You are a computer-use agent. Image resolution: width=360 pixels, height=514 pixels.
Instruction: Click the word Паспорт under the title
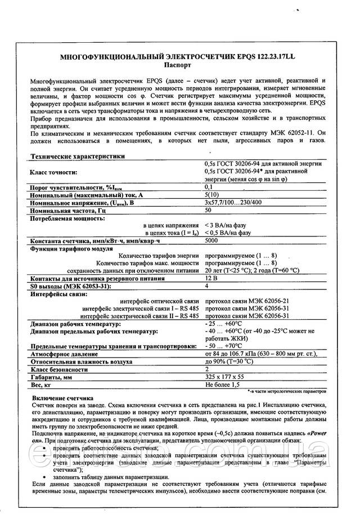pos(181,65)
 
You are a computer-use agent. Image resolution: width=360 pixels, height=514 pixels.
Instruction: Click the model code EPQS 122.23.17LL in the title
pos(264,57)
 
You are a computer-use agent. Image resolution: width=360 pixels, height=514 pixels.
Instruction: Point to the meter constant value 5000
pos(211,240)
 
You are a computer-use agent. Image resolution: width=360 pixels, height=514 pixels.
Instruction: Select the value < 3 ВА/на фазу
pos(230,225)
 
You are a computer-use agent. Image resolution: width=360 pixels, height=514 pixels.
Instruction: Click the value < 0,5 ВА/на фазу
pos(232,233)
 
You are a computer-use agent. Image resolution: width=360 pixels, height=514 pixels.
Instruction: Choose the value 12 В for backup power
pos(210,278)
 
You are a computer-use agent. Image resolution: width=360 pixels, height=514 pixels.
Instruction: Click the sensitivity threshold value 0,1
pos(209,186)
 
